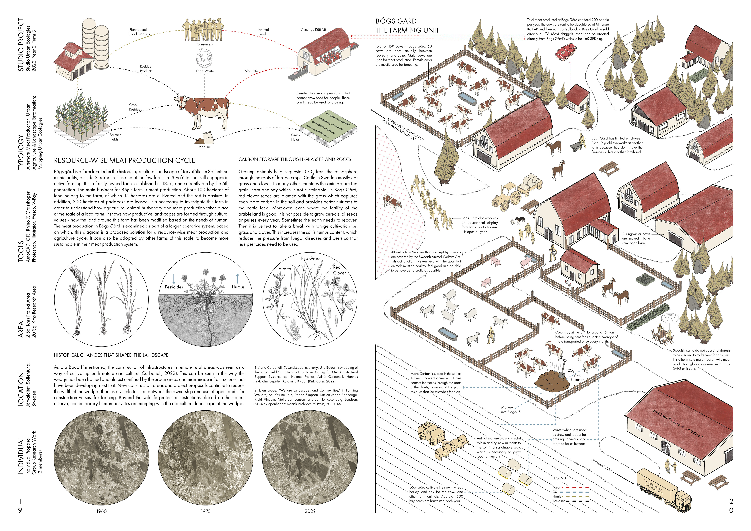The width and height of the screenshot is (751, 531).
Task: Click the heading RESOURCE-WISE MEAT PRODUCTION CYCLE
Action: point(124,160)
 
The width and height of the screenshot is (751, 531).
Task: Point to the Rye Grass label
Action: point(310,258)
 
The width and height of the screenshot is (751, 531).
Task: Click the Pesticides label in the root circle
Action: point(174,287)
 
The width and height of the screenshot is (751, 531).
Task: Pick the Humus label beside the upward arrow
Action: point(238,287)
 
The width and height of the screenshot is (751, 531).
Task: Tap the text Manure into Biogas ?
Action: point(510,410)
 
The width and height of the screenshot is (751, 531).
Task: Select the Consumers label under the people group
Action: point(204,44)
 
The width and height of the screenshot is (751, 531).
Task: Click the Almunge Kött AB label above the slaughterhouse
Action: point(313,30)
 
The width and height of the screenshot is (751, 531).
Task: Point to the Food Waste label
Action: point(204,71)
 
